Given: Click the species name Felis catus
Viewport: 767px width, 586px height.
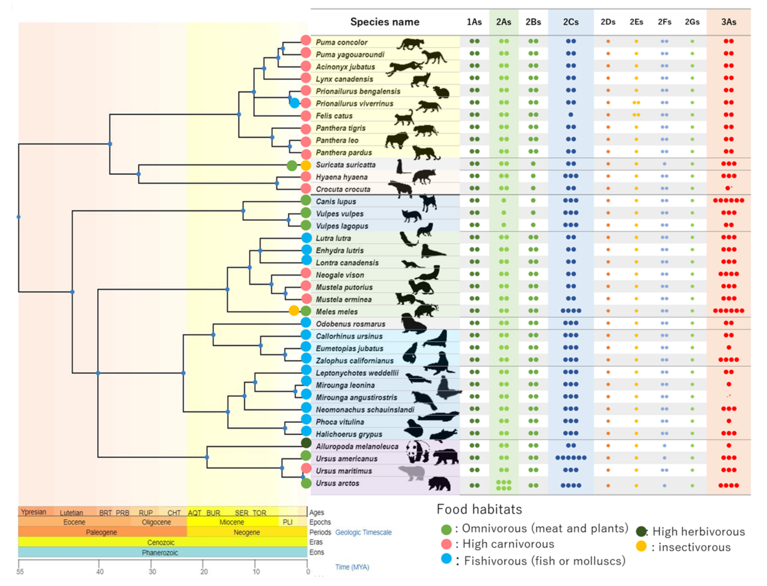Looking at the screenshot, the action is (334, 116).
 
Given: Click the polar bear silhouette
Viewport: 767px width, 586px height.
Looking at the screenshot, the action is (412, 473).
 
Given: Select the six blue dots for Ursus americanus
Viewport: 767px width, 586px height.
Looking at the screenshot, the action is (571, 458).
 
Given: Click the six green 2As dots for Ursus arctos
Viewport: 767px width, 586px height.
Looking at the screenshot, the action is (504, 485).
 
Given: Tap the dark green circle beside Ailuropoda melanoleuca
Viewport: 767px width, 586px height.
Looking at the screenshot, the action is (306, 443).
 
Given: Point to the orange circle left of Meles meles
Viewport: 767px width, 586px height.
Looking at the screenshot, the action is (294, 310).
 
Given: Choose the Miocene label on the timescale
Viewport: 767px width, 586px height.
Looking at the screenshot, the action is (232, 522).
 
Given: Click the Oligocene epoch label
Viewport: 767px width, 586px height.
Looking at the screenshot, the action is (156, 522).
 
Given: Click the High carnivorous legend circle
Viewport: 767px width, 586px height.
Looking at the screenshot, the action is (447, 544).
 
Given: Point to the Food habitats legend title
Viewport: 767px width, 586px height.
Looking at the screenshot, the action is (479, 509).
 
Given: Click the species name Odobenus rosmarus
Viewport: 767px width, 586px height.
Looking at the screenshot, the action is (351, 324).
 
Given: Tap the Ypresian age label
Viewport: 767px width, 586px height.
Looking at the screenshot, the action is (33, 512).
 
